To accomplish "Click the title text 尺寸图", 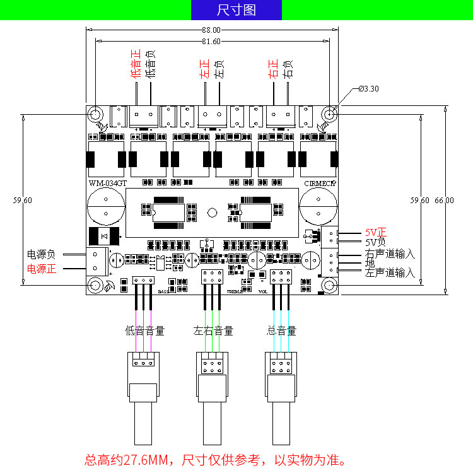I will click(x=236, y=10).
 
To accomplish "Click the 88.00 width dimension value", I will click(x=212, y=30).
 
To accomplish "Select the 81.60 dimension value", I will click(x=212, y=42).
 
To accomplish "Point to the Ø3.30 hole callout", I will click(x=368, y=88).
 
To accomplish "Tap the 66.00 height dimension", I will click(x=444, y=200).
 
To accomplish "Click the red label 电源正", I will click(x=42, y=269).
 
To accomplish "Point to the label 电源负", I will click(x=42, y=255).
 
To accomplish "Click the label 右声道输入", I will click(x=390, y=254).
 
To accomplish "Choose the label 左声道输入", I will click(x=390, y=272).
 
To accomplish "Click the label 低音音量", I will click(x=145, y=330).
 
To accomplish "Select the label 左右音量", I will click(x=214, y=330).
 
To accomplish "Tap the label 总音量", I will click(x=282, y=330).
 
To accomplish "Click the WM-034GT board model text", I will click(x=107, y=184).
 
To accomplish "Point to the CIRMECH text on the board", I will click(x=320, y=184).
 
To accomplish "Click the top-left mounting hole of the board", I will click(x=95, y=114).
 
